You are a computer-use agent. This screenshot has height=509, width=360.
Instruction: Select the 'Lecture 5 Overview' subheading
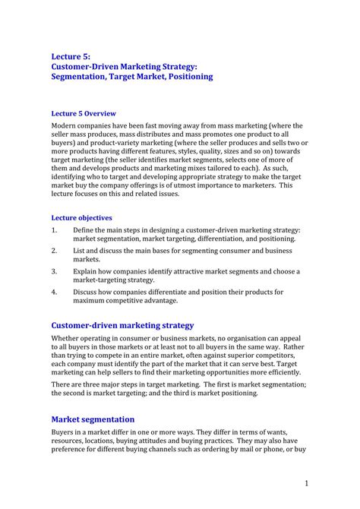(84, 112)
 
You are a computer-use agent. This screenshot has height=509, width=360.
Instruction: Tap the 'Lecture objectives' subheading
(81, 217)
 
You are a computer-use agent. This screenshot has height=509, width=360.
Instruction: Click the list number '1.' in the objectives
(55, 229)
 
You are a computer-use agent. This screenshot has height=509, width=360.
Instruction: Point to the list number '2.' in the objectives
(55, 250)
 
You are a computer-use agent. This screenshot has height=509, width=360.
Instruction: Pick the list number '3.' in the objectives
(55, 271)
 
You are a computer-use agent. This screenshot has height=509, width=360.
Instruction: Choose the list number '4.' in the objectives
(55, 292)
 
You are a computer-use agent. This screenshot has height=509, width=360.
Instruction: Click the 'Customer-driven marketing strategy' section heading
(122, 325)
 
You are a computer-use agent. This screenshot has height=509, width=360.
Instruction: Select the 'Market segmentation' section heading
(93, 419)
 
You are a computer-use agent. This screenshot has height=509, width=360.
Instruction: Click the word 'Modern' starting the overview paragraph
(64, 125)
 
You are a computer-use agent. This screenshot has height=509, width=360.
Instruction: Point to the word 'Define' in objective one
(84, 229)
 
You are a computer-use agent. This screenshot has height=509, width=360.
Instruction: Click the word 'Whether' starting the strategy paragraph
(67, 338)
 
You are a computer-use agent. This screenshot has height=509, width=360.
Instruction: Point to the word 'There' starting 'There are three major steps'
(62, 384)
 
